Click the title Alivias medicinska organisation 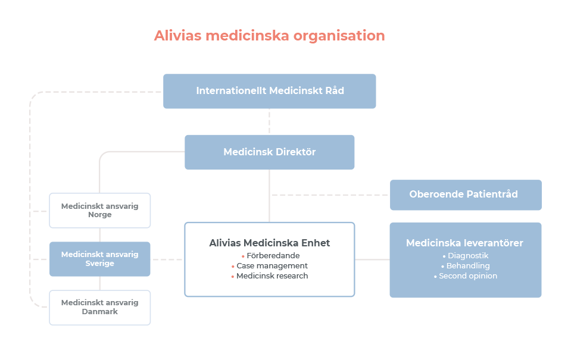[x=270, y=36]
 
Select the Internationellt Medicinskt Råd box [x=270, y=91]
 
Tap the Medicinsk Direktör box [x=270, y=152]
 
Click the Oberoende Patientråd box [x=466, y=195]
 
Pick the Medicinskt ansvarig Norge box [x=100, y=211]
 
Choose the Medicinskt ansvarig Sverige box [x=100, y=259]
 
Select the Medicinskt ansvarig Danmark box [x=100, y=308]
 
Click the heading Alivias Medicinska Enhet [x=270, y=243]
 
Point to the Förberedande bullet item [x=270, y=255]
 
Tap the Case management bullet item [x=270, y=266]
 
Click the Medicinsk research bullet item [x=270, y=276]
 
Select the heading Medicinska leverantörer [x=464, y=243]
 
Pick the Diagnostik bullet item [x=466, y=255]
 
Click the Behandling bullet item [x=466, y=266]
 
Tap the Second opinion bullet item [x=466, y=276]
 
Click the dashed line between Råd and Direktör [x=270, y=121]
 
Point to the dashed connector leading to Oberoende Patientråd [x=330, y=195]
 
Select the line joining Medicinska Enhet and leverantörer [x=372, y=259]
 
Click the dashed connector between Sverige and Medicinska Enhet [x=167, y=259]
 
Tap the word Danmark [x=100, y=312]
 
